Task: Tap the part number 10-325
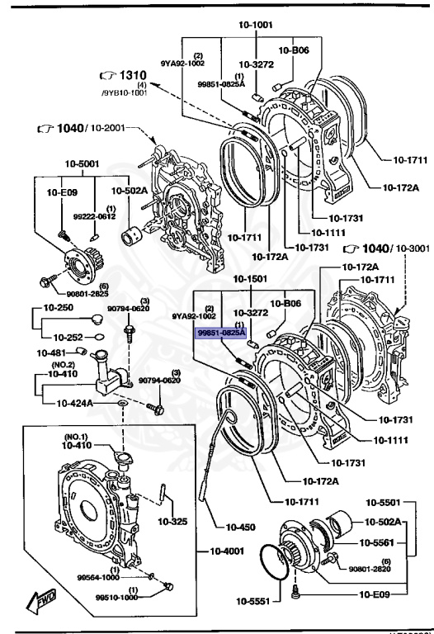(x=173, y=522)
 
